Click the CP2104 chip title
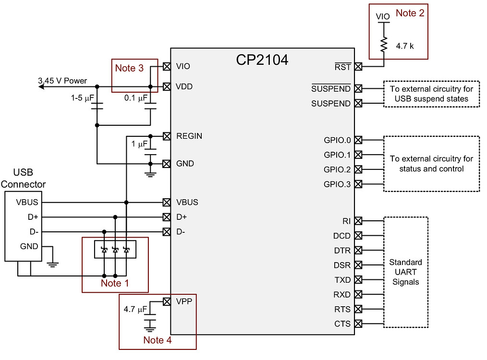point(262,60)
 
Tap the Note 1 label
point(115,283)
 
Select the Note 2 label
point(410,13)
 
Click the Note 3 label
point(129,68)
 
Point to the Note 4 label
point(157,340)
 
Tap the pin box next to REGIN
point(167,136)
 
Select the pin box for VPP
point(167,301)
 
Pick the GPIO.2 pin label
point(337,169)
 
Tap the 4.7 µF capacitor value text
point(135,310)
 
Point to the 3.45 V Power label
point(63,81)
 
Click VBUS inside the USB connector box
point(26,202)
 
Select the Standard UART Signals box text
point(405,272)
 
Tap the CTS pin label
point(342,324)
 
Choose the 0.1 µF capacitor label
point(136,98)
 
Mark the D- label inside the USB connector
point(34,232)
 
